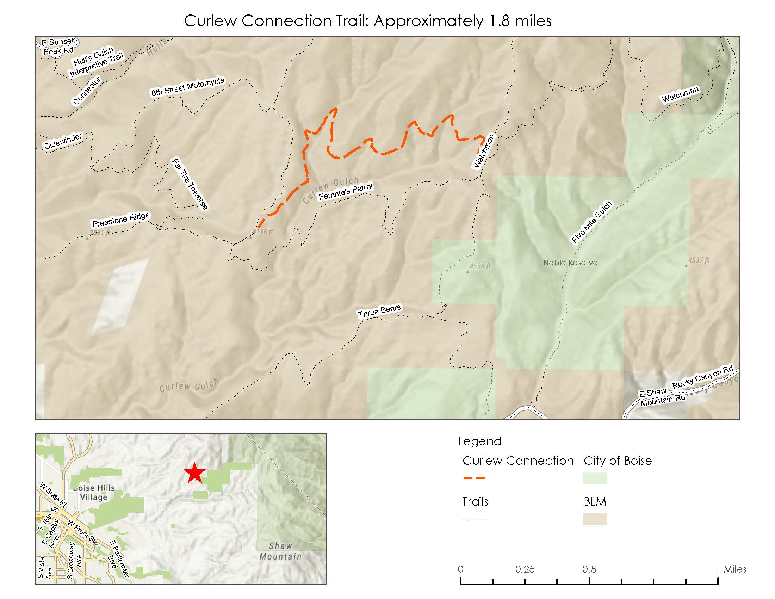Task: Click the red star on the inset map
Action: pyautogui.click(x=194, y=473)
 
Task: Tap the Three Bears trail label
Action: pyautogui.click(x=379, y=311)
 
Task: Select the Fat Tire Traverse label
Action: pyautogui.click(x=190, y=184)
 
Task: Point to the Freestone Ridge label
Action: pyautogui.click(x=121, y=220)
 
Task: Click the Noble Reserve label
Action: pyautogui.click(x=570, y=263)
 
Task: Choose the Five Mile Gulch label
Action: pyautogui.click(x=591, y=222)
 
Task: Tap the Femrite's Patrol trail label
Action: pyautogui.click(x=346, y=192)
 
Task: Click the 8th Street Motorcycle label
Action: pyautogui.click(x=188, y=87)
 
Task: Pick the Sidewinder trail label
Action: pyautogui.click(x=63, y=141)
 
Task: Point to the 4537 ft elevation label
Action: pyautogui.click(x=698, y=260)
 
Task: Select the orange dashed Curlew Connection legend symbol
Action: pyautogui.click(x=474, y=478)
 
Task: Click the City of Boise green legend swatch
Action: pyautogui.click(x=595, y=478)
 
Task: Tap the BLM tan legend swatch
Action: pyautogui.click(x=595, y=519)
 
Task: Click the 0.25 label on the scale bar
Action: pyautogui.click(x=525, y=569)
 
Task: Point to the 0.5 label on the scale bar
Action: pyautogui.click(x=589, y=569)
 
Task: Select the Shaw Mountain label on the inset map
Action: pyautogui.click(x=280, y=551)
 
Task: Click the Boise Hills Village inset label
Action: pyautogui.click(x=94, y=493)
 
